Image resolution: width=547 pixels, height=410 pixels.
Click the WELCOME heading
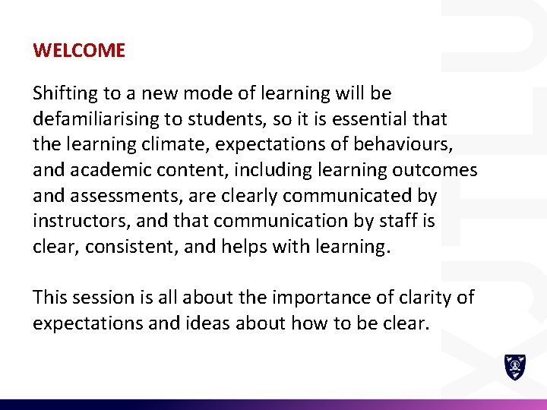click(x=79, y=51)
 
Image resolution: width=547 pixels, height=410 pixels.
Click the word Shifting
click(x=65, y=94)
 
